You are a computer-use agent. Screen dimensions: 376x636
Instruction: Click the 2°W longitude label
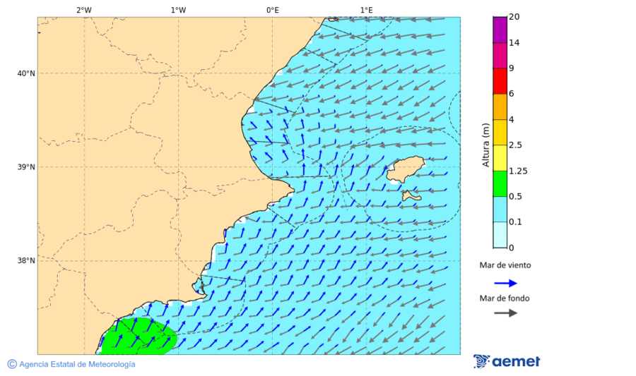click(83, 10)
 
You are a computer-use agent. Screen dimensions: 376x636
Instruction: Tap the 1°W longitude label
click(178, 10)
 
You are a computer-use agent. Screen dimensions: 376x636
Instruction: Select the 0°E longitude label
click(272, 10)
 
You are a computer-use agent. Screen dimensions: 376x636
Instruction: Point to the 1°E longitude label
click(366, 10)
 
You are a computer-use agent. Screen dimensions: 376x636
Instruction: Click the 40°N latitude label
click(26, 73)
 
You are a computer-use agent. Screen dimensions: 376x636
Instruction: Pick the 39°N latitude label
click(26, 167)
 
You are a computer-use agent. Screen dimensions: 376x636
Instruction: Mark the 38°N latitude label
click(26, 261)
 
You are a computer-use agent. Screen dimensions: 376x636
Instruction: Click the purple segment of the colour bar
click(500, 30)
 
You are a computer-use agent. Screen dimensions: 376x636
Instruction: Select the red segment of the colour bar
click(500, 81)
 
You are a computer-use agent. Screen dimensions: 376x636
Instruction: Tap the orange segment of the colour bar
click(500, 107)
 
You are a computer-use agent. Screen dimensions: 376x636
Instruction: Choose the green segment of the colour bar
click(500, 183)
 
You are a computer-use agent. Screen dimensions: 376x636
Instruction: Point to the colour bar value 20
click(514, 17)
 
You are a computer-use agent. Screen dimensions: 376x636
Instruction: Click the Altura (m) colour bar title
click(485, 143)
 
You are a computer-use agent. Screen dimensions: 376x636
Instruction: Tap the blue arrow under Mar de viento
click(505, 283)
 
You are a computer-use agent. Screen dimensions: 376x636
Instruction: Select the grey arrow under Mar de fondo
click(505, 313)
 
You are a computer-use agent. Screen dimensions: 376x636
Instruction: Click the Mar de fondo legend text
click(504, 298)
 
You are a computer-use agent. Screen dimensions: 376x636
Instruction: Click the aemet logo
click(507, 361)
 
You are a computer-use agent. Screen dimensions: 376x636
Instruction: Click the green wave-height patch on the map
click(138, 336)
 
